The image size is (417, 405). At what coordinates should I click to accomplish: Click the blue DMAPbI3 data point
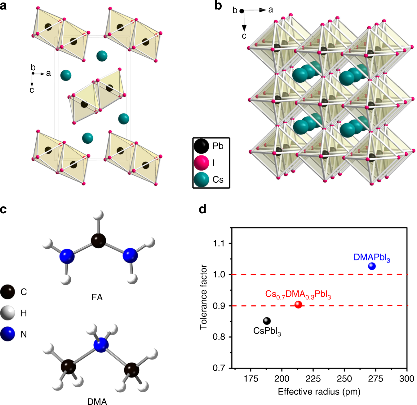(372, 266)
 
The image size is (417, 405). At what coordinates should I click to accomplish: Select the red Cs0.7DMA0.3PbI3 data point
(298, 304)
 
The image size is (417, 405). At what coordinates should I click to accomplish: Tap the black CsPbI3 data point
(267, 321)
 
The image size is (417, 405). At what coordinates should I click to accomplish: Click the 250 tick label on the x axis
(344, 379)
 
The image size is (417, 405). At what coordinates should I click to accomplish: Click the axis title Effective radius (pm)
(319, 391)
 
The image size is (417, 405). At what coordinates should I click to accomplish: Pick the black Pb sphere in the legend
(201, 146)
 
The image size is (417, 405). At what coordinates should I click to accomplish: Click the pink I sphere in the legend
(201, 163)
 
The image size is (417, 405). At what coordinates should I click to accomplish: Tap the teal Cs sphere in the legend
(201, 180)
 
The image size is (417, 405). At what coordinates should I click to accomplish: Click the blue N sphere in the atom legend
(7, 334)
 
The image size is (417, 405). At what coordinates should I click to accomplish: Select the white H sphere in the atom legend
(7, 313)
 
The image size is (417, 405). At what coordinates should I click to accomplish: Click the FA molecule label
(97, 297)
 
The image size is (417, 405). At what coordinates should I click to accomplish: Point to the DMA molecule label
(97, 401)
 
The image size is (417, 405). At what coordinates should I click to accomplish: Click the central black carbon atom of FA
(98, 241)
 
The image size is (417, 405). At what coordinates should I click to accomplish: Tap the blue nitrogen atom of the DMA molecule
(101, 345)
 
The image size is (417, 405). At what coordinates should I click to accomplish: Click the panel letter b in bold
(218, 6)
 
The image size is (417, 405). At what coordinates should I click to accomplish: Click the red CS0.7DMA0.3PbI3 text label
(298, 294)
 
